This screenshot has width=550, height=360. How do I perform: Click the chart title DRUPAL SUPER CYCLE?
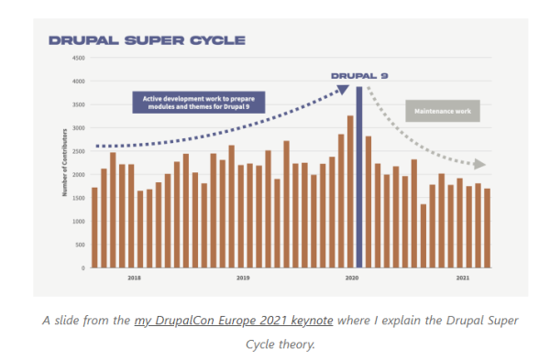click(x=147, y=40)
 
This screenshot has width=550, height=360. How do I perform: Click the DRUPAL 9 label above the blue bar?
click(x=359, y=76)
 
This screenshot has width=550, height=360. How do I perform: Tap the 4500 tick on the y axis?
click(x=79, y=58)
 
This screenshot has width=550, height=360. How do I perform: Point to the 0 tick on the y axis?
click(x=82, y=267)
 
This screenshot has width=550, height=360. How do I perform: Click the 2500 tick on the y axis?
click(x=79, y=151)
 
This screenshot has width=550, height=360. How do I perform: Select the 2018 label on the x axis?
click(x=134, y=277)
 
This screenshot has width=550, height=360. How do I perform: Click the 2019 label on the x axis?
click(x=243, y=277)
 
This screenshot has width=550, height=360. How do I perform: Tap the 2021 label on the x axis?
click(x=463, y=277)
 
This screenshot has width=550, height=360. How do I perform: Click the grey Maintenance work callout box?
click(x=442, y=111)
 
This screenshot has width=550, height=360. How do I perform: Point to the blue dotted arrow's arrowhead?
click(x=343, y=89)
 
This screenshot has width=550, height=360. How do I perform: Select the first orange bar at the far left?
click(x=94, y=227)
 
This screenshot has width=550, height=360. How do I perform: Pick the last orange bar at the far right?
click(x=488, y=228)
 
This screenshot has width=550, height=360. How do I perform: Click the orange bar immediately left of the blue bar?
click(x=349, y=191)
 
